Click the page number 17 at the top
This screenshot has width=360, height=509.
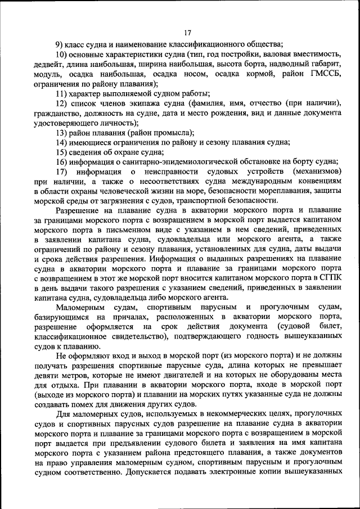click(x=187, y=32)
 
